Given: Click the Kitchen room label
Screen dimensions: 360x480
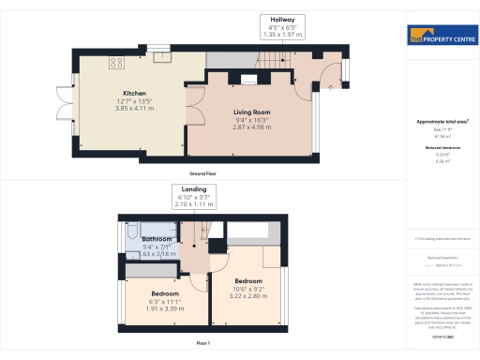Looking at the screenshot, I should pyautogui.click(x=132, y=93).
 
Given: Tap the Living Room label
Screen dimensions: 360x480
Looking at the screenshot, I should pyautogui.click(x=250, y=112).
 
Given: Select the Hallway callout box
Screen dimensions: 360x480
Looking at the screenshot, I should pyautogui.click(x=283, y=26).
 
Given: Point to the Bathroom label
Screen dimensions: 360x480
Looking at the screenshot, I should pyautogui.click(x=157, y=239).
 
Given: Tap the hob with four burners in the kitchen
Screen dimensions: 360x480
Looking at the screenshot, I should pyautogui.click(x=117, y=64).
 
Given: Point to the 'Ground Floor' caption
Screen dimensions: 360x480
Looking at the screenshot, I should pyautogui.click(x=204, y=174).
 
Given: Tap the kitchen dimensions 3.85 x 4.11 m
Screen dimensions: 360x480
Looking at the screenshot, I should pyautogui.click(x=132, y=109).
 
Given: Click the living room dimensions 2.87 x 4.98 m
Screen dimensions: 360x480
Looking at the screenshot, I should pyautogui.click(x=250, y=127).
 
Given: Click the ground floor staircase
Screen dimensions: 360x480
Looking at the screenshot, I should pyautogui.click(x=274, y=60).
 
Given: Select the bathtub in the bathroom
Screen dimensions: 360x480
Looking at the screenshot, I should pyautogui.click(x=132, y=240).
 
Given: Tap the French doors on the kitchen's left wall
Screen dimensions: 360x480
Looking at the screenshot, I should pyautogui.click(x=62, y=99).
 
